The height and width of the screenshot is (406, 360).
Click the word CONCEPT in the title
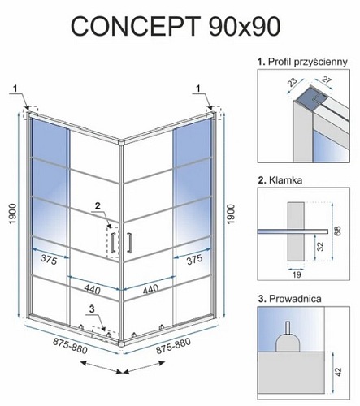tap(136, 27)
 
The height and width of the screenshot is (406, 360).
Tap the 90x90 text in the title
tap(245, 27)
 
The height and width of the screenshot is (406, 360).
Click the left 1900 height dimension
tap(13, 214)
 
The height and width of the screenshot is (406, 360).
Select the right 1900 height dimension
tap(230, 214)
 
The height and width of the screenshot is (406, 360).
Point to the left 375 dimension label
tap(49, 259)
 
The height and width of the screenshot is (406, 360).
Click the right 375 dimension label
tap(194, 259)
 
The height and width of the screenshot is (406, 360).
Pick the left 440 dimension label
tap(92, 289)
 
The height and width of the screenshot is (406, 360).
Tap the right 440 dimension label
tap(150, 289)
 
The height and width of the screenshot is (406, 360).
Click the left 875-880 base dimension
tap(70, 346)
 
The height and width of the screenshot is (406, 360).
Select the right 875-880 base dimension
tap(173, 346)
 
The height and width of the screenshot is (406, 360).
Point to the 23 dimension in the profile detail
tap(293, 83)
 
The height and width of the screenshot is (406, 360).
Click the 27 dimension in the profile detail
tap(327, 80)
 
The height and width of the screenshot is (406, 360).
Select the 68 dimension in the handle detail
tap(338, 231)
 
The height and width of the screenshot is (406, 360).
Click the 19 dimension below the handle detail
tap(297, 275)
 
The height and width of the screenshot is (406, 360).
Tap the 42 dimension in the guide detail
tap(338, 372)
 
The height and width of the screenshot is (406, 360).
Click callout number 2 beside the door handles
tap(98, 205)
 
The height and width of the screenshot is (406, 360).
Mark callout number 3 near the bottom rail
tap(92, 309)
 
